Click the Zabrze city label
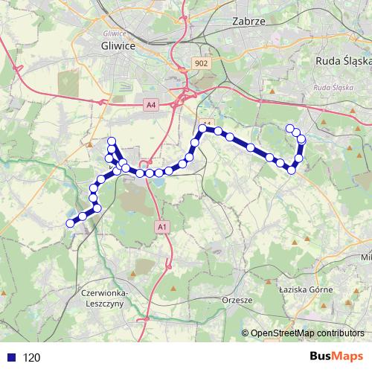coord(248,22)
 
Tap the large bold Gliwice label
coord(117,45)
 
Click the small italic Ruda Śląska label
coord(333,88)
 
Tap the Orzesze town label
coord(237,300)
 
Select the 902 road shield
coord(201,64)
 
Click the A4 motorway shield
coord(152,106)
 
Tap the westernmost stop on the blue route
coord(71,222)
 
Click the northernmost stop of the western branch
coord(112,141)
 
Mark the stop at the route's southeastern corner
coord(292,170)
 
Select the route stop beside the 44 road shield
coord(202,129)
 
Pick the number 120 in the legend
coord(31,358)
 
